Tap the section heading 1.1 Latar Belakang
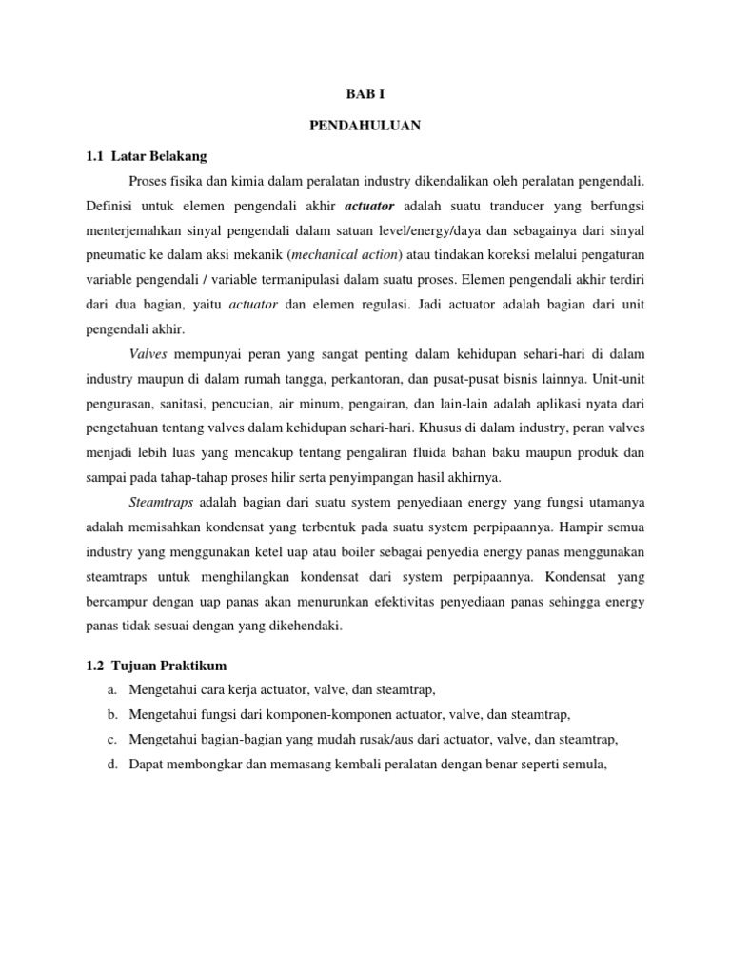(x=151, y=154)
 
